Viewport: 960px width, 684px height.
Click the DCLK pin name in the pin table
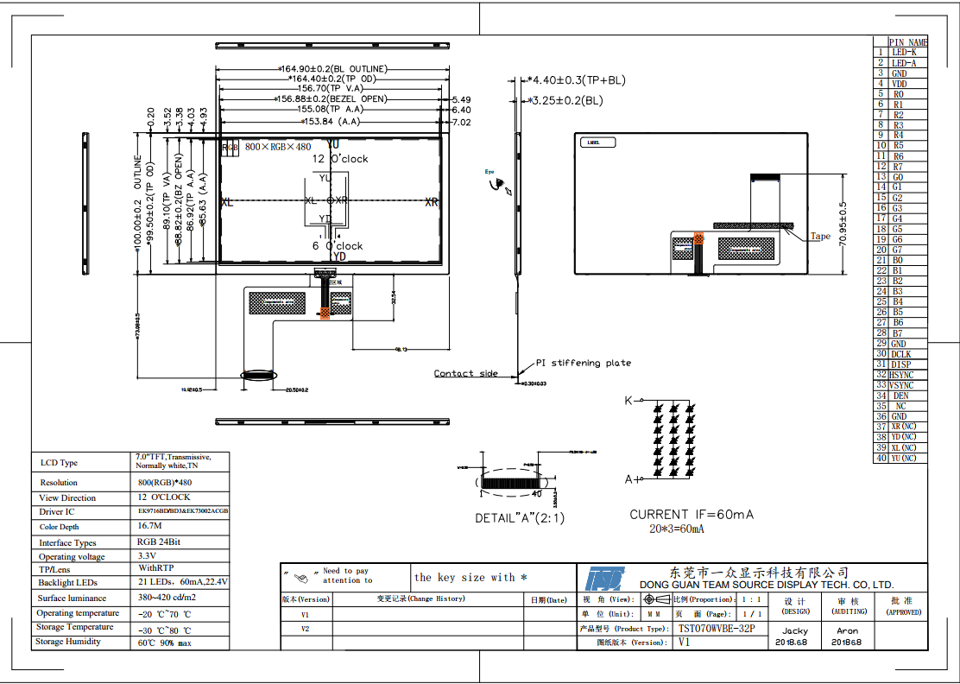coord(900,354)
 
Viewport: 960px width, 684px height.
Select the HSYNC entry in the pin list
coord(901,375)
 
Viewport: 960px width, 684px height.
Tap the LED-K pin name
coord(904,53)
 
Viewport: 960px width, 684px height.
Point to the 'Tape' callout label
coord(819,236)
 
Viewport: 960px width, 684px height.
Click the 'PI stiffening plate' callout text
coord(584,363)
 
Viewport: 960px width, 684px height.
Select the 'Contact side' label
coord(465,373)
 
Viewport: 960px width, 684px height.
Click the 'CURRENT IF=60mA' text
coord(692,514)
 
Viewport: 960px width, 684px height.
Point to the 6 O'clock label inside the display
coord(338,246)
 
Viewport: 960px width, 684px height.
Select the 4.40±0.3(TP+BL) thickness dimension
coord(578,80)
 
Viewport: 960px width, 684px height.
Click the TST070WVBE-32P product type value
coord(717,629)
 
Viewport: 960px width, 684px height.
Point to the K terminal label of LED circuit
coord(628,401)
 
